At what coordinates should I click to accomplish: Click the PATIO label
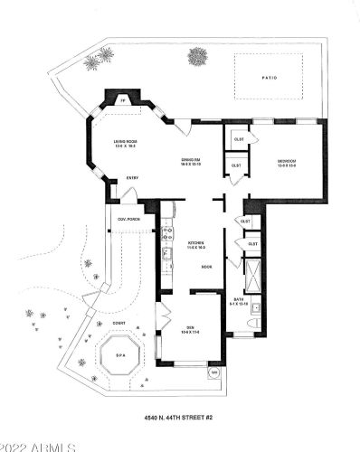tap(270, 78)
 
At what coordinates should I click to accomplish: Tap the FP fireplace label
tap(122, 102)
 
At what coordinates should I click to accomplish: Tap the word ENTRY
tap(132, 178)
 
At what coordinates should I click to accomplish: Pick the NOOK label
tap(206, 267)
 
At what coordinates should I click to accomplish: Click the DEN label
tap(191, 327)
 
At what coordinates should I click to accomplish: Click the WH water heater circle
tap(213, 372)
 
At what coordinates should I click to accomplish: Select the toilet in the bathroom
tap(256, 322)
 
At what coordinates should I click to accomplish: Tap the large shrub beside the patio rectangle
tap(197, 57)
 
